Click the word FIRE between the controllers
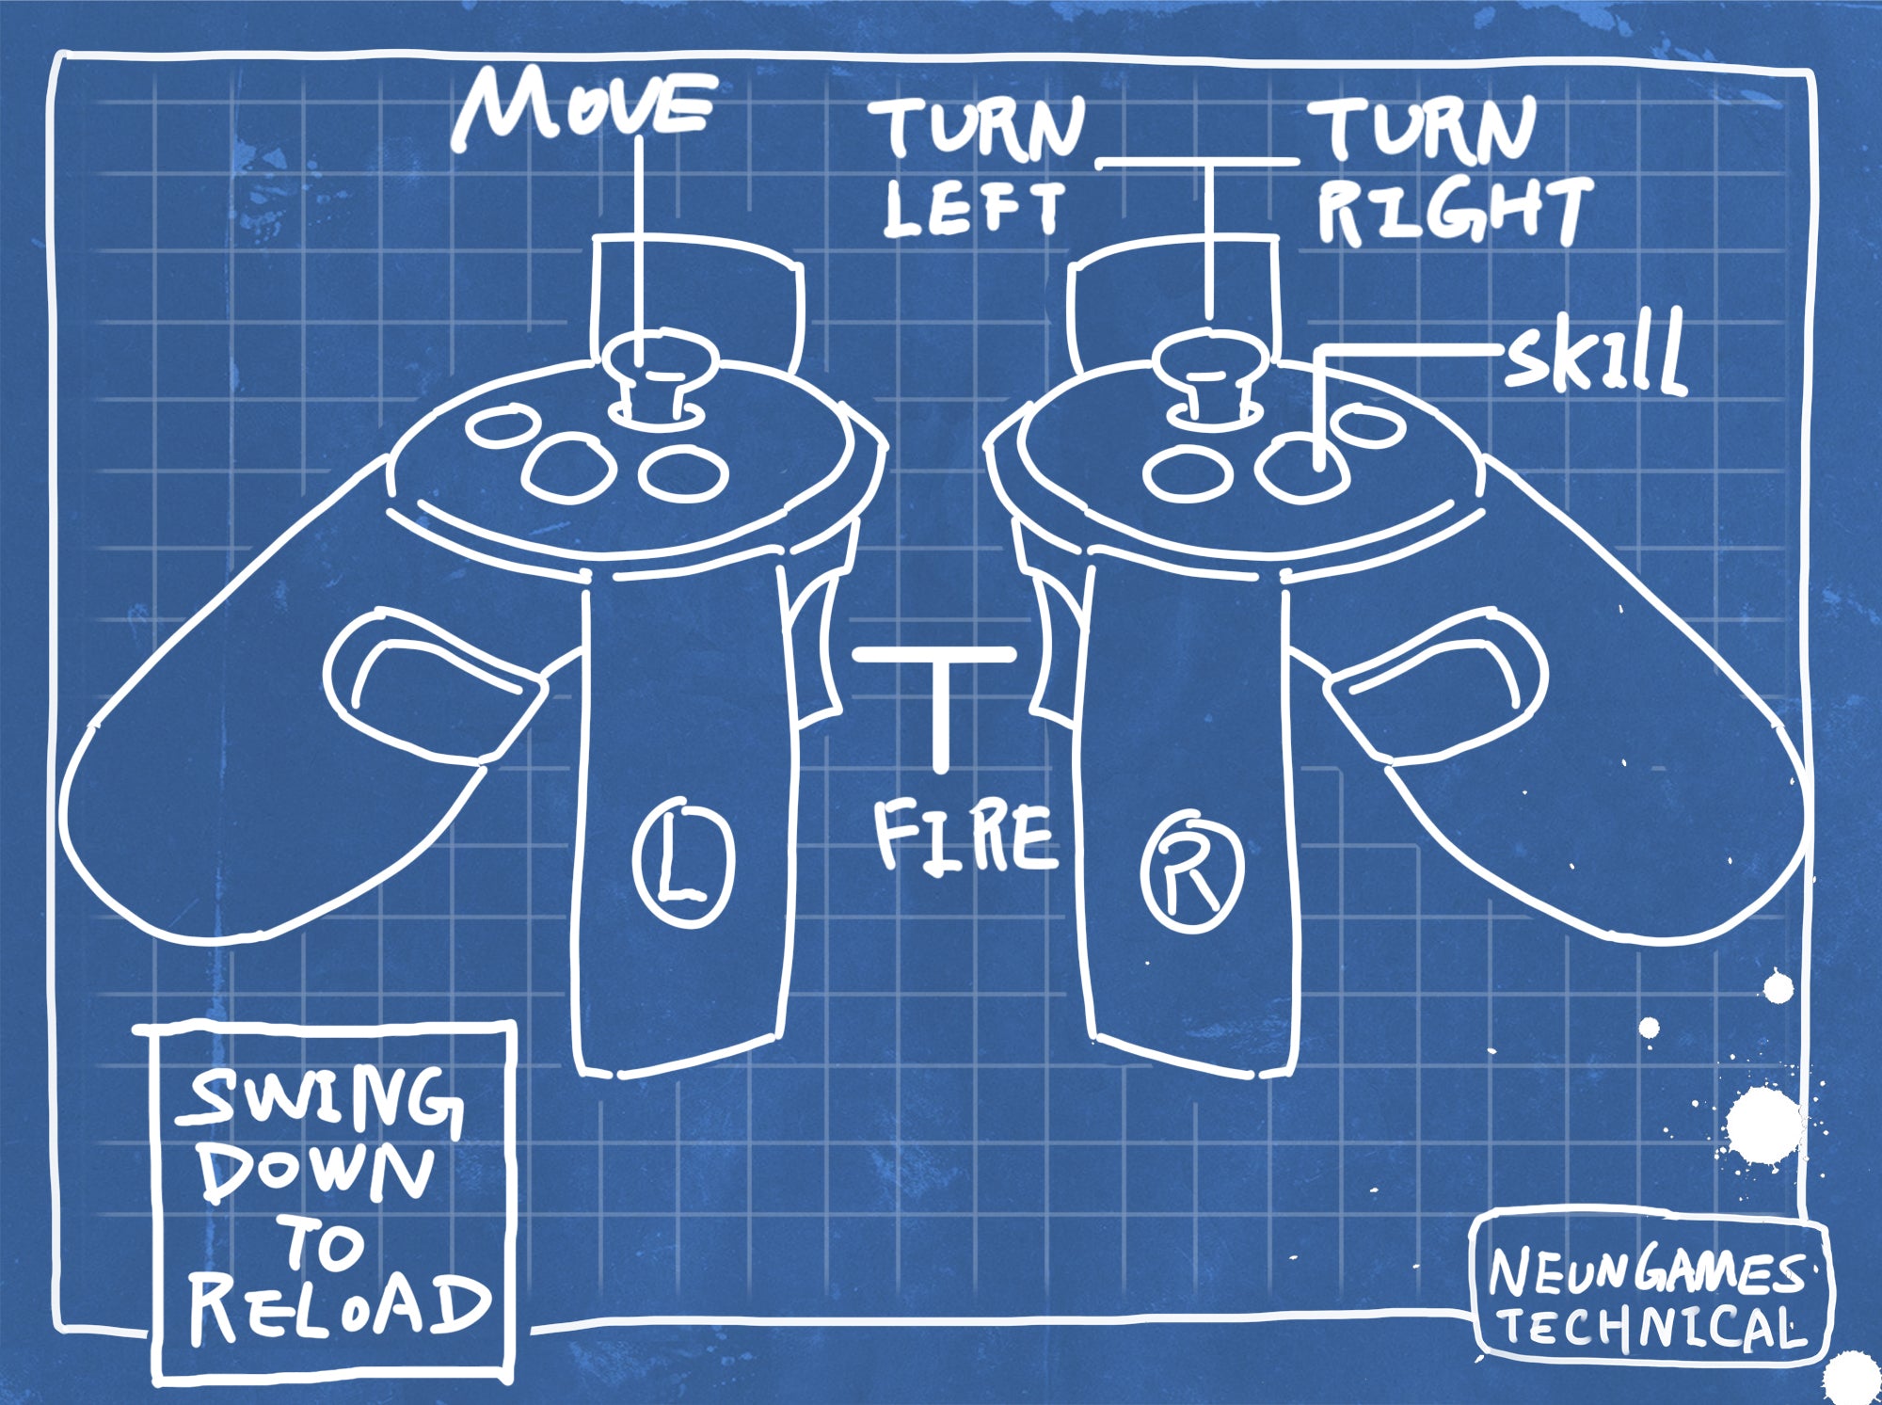(x=965, y=834)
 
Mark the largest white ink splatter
(x=1764, y=1125)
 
